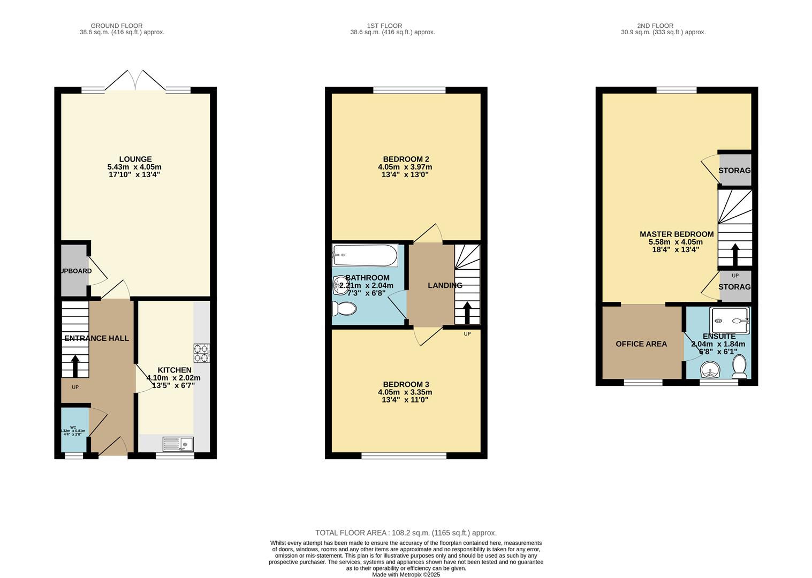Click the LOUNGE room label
point(135,159)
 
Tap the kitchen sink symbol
point(178,444)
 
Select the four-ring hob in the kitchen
point(201,353)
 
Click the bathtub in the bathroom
point(365,255)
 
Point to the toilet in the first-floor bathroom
point(344,309)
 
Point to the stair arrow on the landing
point(467,312)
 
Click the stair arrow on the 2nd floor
point(735,254)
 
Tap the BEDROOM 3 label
point(406,384)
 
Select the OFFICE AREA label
point(641,344)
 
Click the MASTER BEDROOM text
point(677,234)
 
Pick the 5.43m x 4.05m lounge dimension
point(134,167)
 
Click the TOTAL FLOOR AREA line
point(406,533)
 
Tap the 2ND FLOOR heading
point(655,25)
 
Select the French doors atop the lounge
point(136,80)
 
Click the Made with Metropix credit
point(406,574)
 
